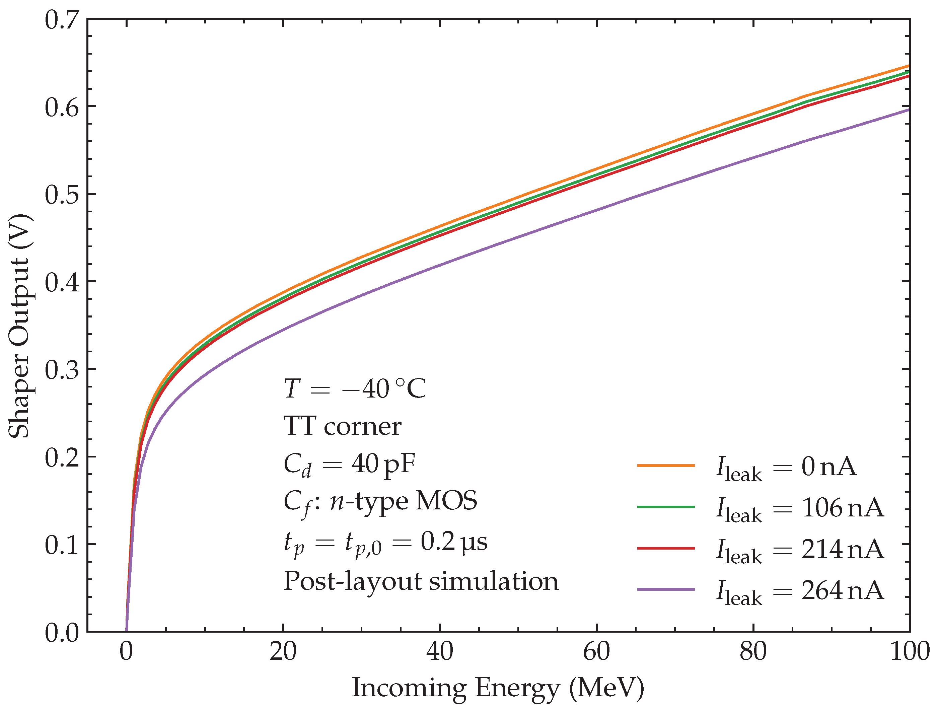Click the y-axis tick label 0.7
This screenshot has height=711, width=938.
pos(62,20)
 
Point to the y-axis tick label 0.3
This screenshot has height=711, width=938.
pos(62,370)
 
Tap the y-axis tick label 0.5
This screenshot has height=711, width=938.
pos(62,195)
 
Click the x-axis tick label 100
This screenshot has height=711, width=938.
pos(909,652)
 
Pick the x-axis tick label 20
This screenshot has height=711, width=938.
pos(283,652)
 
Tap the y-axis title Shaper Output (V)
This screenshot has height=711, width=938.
pos(19,326)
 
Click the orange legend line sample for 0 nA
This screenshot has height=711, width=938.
pos(666,466)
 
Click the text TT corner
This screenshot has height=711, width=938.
pos(342,426)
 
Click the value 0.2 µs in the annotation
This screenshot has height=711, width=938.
pos(454,542)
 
